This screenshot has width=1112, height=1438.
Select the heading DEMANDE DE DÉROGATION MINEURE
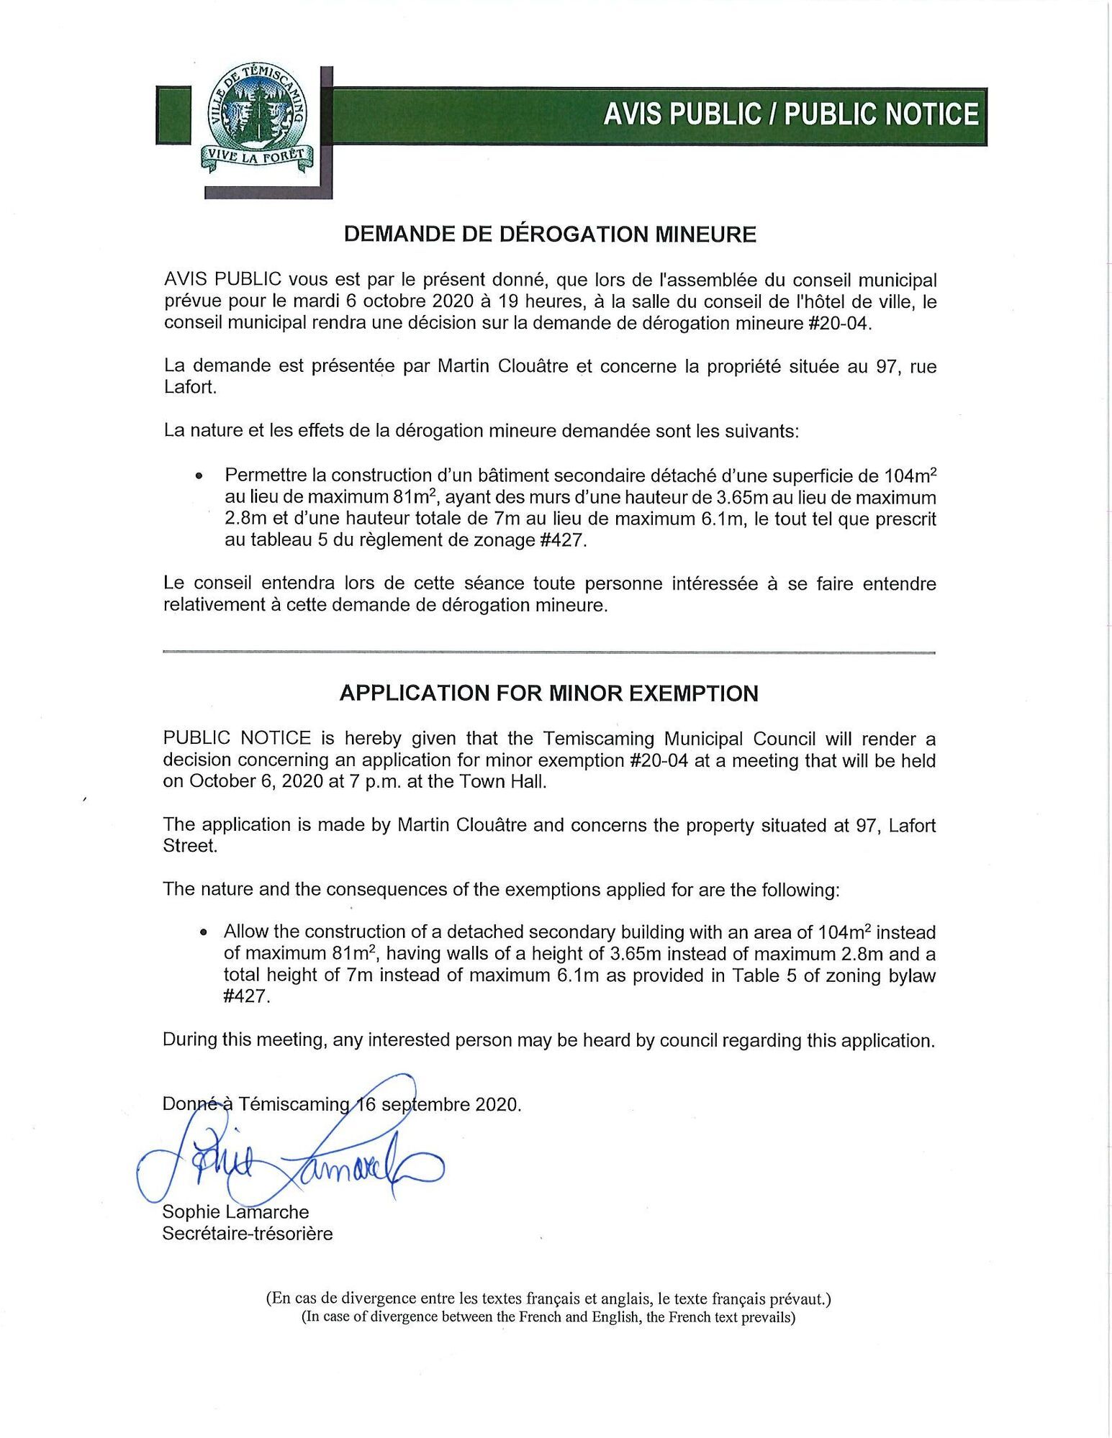point(550,235)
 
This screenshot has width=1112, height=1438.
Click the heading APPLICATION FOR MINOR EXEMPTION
point(548,693)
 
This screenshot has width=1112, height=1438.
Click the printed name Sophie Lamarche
point(235,1212)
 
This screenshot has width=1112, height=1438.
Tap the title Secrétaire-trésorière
point(248,1234)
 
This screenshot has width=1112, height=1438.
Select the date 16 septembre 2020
point(438,1104)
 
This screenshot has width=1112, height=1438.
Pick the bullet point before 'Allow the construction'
point(204,932)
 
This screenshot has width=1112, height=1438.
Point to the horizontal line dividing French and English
point(548,652)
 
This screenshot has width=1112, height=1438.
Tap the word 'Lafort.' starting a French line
point(190,388)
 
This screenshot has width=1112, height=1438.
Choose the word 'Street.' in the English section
point(190,846)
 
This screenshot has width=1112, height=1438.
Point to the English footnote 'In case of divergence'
point(548,1317)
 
